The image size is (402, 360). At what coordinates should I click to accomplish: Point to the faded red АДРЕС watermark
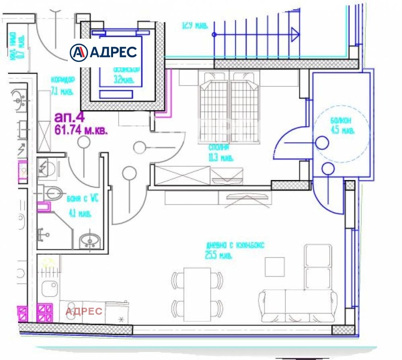click(x=84, y=311)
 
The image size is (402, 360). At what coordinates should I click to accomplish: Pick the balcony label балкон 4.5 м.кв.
click(x=343, y=125)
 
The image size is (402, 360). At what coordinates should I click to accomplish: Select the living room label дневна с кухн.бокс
click(x=235, y=250)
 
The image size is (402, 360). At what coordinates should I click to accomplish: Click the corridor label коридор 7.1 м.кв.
click(x=63, y=85)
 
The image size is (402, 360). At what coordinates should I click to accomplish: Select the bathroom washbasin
click(x=89, y=240)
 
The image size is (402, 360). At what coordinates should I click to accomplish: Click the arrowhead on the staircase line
click(x=294, y=34)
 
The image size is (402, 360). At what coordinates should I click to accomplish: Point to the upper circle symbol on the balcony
click(x=322, y=143)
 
